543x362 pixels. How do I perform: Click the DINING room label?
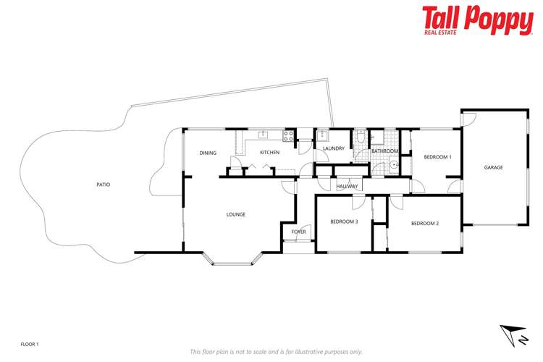click(208, 153)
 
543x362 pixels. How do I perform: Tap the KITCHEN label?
click(270, 153)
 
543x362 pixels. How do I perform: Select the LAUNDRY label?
click(334, 148)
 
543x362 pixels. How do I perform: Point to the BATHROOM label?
click(384, 151)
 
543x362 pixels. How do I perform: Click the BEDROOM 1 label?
click(437, 157)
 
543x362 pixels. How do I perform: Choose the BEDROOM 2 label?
click(425, 223)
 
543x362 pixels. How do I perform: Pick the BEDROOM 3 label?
click(344, 222)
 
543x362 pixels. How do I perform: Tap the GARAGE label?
click(493, 167)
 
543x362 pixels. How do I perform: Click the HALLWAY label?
click(348, 187)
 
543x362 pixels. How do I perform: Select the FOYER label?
click(298, 232)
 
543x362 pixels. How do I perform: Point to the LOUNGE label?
click(235, 214)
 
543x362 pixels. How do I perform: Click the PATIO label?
click(103, 185)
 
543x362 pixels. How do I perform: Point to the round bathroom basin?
click(395, 164)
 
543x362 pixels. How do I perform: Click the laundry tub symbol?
click(323, 134)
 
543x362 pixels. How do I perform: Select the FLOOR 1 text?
click(29, 343)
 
